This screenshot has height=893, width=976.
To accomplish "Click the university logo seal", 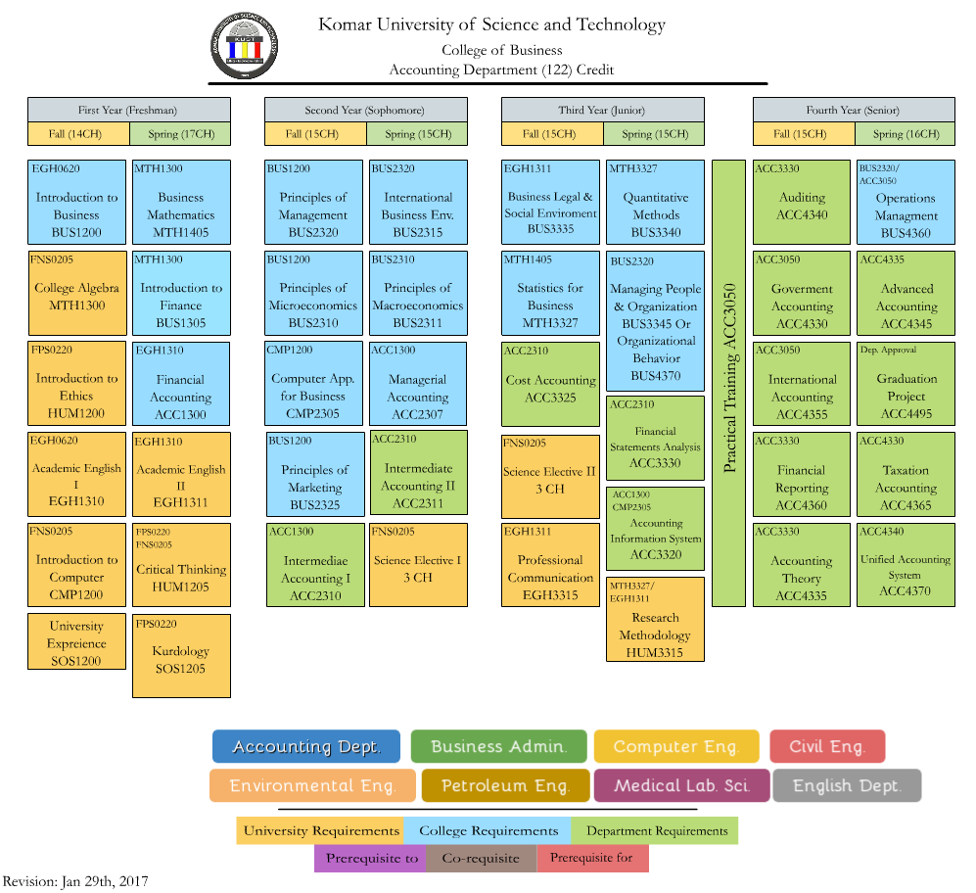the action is (244, 46).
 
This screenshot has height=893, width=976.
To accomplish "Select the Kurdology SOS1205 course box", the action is (181, 656).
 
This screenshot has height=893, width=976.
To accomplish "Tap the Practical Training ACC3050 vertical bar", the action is (729, 383).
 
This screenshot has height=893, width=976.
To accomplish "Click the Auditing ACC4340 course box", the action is (802, 203).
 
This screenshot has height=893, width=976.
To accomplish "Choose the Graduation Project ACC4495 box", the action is (906, 384).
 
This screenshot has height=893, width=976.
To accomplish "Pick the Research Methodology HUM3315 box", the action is (656, 619).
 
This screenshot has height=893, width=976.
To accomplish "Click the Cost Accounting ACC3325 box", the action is (551, 384).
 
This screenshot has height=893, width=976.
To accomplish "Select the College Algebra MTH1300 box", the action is (77, 293).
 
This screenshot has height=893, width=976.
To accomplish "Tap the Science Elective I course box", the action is (418, 565).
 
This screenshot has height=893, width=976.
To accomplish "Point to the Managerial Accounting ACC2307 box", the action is (418, 384).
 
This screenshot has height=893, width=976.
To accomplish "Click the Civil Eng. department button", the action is (827, 746).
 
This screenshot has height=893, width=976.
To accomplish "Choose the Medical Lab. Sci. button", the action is (681, 785).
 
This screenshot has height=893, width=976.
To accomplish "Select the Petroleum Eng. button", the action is (505, 785).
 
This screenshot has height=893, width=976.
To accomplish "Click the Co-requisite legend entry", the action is (481, 858).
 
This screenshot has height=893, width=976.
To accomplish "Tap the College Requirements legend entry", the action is (488, 830).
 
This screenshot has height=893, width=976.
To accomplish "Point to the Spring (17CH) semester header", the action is (180, 134).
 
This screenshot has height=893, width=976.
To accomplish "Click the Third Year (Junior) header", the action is (602, 110).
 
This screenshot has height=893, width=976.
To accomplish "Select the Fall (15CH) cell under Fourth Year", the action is (805, 134).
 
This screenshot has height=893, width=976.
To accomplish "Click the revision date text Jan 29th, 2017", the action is (105, 882).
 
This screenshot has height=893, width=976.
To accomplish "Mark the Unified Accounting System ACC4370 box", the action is (906, 565).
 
